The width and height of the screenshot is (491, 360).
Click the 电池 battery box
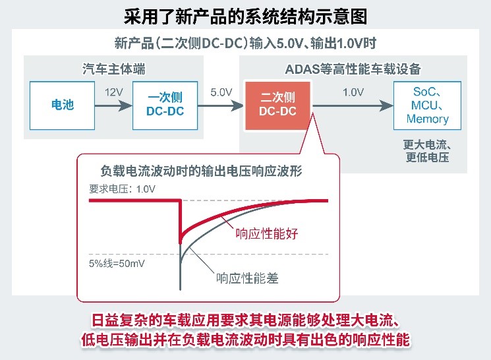coord(63,104)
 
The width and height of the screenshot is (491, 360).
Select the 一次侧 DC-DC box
coord(164,104)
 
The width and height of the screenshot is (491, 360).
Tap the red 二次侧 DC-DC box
coord(277,104)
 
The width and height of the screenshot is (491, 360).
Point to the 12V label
coord(113,92)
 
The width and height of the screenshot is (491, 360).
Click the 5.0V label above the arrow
coord(221,92)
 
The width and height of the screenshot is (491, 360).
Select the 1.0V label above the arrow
coord(354,92)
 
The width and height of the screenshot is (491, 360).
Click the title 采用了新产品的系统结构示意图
coord(245,15)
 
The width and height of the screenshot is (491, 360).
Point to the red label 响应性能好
coord(266,233)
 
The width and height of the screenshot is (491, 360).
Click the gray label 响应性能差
coord(248,278)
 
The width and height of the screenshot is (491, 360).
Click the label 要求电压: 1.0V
coord(123,189)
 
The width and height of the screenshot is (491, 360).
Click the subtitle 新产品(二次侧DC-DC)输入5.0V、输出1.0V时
coord(245,44)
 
